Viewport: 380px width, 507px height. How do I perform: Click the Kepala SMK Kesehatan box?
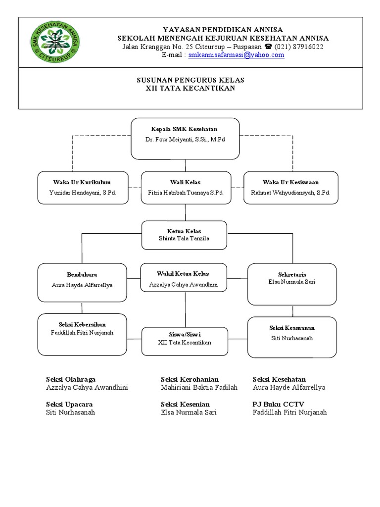(185, 139)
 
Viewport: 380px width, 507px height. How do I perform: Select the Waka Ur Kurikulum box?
(83, 188)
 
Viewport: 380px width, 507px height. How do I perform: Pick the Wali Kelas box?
(186, 188)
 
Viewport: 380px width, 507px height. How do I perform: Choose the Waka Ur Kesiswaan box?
(290, 188)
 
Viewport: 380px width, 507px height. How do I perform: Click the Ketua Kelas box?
(184, 235)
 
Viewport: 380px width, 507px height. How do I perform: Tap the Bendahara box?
(82, 282)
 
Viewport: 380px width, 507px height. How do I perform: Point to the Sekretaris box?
(292, 284)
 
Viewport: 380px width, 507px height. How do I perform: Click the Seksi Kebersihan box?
(82, 334)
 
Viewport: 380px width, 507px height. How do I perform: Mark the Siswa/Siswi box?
(185, 341)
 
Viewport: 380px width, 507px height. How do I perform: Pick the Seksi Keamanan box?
(292, 337)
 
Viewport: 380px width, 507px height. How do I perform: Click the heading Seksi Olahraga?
(71, 379)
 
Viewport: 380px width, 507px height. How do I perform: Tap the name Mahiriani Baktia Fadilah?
(199, 387)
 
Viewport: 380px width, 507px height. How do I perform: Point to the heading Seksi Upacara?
(69, 405)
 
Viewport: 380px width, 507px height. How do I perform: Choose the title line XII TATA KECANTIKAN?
(190, 88)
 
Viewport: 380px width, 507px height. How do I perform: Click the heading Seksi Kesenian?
(185, 405)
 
